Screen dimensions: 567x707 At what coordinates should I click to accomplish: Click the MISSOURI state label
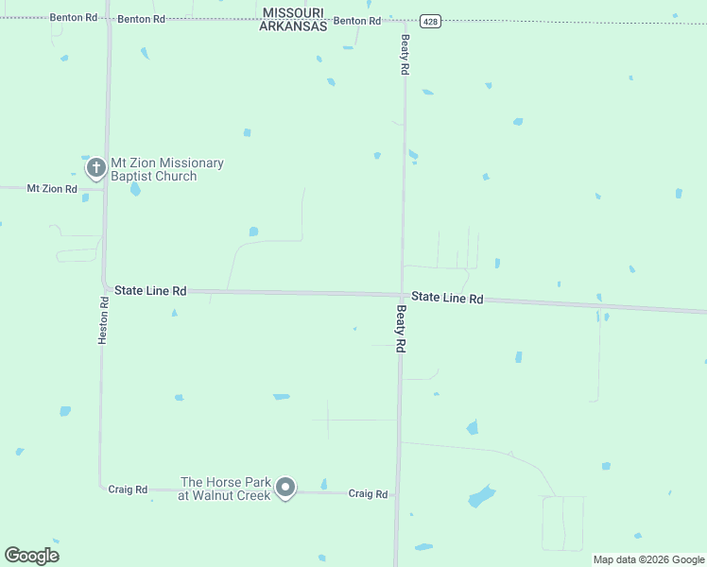(294, 12)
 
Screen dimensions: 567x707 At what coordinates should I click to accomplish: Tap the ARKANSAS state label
(294, 26)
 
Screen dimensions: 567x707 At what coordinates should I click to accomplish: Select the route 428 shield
(429, 21)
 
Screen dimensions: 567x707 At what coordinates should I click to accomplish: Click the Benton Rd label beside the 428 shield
(357, 20)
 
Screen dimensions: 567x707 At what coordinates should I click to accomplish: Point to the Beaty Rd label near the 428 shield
(405, 55)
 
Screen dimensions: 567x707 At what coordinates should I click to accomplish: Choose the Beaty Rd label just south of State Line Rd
(401, 329)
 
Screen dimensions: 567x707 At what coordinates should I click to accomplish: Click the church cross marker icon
(95, 168)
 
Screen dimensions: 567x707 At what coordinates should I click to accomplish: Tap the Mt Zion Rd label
(51, 188)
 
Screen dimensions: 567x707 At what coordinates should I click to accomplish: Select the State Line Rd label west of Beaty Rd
(150, 290)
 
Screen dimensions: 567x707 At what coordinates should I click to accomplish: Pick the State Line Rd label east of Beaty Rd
(448, 298)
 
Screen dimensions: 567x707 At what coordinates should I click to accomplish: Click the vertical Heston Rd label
(104, 318)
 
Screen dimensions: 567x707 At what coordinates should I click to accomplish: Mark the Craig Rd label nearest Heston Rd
(128, 490)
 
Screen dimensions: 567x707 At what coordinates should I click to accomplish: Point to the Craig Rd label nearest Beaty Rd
(368, 493)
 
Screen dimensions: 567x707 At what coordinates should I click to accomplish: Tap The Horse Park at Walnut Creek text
(225, 489)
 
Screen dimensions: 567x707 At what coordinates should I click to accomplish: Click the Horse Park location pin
(285, 488)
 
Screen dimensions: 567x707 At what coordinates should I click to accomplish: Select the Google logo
(32, 556)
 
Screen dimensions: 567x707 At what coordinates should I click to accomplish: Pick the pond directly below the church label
(135, 189)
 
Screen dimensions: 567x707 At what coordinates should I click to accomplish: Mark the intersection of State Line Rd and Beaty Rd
(403, 295)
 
